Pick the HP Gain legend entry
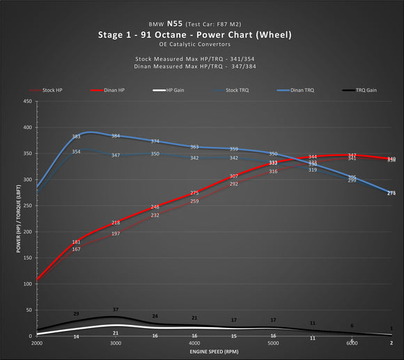[177, 91]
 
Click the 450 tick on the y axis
[27, 102]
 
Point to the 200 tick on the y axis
[27, 232]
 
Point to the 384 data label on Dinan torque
[116, 136]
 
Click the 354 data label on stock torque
[77, 152]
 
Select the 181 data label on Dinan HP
[77, 242]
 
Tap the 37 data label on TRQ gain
[116, 309]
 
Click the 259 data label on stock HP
[194, 201]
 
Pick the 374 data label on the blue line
[155, 141]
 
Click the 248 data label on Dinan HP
[155, 207]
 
